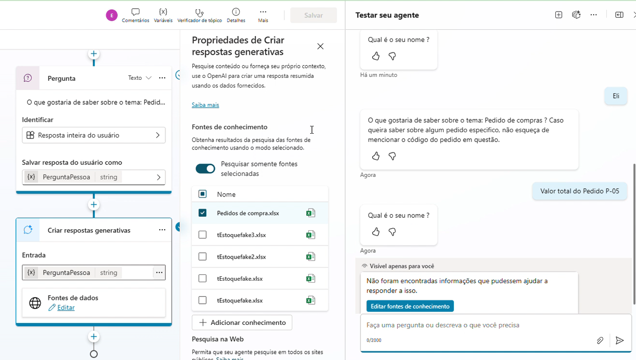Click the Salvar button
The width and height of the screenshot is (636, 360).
[x=313, y=15]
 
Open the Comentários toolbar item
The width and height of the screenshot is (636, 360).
[x=136, y=15]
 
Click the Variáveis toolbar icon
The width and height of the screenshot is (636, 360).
[x=163, y=15]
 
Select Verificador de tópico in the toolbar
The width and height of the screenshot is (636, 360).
[x=200, y=15]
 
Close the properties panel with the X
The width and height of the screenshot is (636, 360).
[x=320, y=46]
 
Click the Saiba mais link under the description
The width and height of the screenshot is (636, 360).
[x=205, y=105]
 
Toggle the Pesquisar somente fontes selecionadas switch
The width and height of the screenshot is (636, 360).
[x=205, y=169]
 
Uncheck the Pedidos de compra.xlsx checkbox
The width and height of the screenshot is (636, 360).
[x=202, y=213]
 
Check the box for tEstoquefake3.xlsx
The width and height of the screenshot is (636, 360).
[x=202, y=235]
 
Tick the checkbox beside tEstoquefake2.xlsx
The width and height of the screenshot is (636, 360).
[x=202, y=257]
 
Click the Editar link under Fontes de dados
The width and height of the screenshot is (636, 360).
[x=66, y=308]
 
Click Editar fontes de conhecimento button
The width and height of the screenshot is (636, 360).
[x=410, y=306]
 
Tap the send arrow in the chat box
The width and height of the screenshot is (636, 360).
[x=620, y=340]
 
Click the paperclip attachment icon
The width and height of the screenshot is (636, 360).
[x=600, y=340]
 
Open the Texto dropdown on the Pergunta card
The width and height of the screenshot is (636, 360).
[x=139, y=78]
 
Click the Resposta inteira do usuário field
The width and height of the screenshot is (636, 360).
[x=94, y=136]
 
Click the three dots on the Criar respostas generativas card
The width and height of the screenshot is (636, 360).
[x=162, y=230]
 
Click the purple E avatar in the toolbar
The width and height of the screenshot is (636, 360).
[x=112, y=15]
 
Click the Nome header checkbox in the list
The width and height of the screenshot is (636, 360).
[x=202, y=194]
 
